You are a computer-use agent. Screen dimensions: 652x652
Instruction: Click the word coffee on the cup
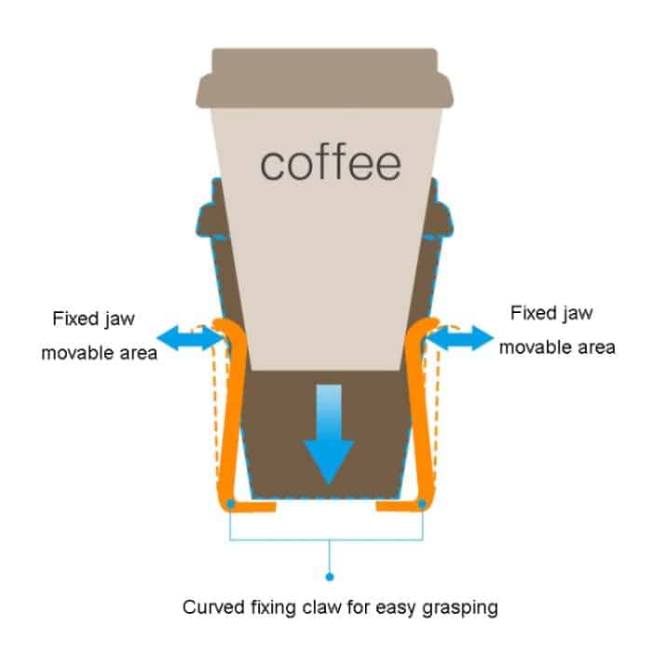pyautogui.click(x=331, y=164)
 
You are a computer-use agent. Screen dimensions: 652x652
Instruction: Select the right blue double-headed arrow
pyautogui.click(x=459, y=339)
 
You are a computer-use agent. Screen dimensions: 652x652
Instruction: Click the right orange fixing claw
pyautogui.click(x=428, y=410)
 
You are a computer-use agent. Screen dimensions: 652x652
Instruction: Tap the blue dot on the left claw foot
pyautogui.click(x=229, y=503)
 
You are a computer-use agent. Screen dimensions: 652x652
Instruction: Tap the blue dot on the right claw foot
pyautogui.click(x=425, y=503)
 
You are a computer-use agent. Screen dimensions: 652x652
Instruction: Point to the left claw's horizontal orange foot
pyautogui.click(x=251, y=508)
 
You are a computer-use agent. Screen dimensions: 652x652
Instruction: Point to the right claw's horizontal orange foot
pyautogui.click(x=401, y=508)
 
